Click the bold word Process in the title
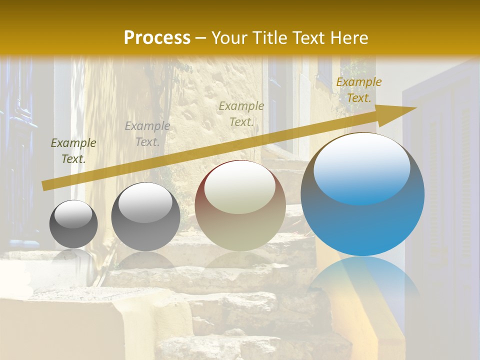click(157, 38)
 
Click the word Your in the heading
click(229, 38)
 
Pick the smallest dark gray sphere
click(73, 224)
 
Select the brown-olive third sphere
click(240, 205)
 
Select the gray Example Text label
click(147, 134)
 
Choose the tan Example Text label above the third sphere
click(241, 113)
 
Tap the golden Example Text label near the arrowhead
click(358, 90)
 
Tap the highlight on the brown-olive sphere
click(239, 187)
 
